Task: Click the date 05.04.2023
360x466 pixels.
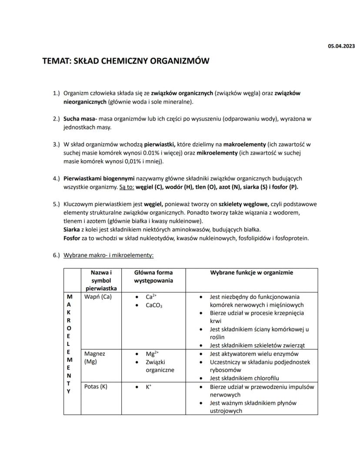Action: click(341, 46)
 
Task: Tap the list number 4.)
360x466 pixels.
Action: click(56, 178)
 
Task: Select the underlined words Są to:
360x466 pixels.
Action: click(126, 187)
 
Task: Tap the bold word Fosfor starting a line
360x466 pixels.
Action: click(72, 238)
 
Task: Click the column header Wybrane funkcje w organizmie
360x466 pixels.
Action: click(252, 273)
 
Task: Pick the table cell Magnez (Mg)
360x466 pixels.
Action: click(94, 358)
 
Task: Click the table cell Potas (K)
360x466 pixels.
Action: click(96, 386)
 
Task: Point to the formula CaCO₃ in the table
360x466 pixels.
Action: click(154, 305)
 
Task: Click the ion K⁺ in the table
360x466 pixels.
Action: click(149, 386)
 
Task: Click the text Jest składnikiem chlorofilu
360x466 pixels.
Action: click(244, 378)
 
